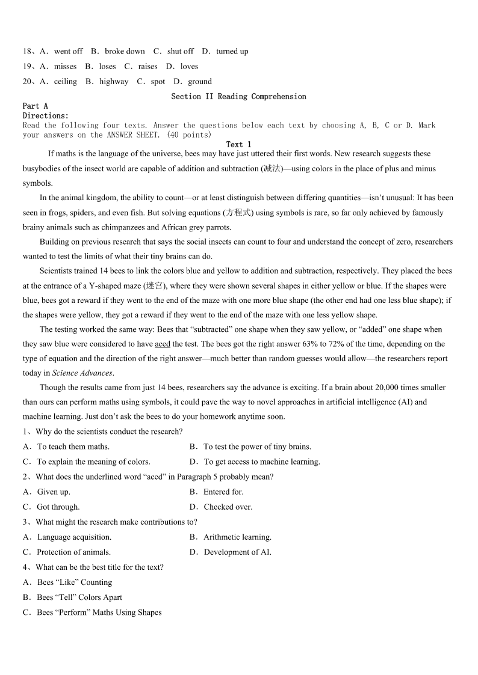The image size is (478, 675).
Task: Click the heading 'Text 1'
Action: click(238, 144)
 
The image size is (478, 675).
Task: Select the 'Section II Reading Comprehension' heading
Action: click(238, 96)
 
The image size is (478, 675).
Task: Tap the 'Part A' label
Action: click(35, 106)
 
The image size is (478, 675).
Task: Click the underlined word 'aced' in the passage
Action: click(163, 344)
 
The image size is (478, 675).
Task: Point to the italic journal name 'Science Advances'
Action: click(82, 373)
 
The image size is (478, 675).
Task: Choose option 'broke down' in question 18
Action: click(125, 52)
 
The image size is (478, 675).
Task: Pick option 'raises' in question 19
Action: click(147, 67)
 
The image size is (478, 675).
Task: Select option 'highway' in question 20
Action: click(114, 82)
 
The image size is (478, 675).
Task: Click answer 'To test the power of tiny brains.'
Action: click(257, 447)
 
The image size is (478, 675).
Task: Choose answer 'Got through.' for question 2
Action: click(58, 507)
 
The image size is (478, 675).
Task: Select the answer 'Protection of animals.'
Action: click(73, 552)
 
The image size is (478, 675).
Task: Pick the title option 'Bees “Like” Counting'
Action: click(74, 582)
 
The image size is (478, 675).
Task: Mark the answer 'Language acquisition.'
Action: click(74, 537)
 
